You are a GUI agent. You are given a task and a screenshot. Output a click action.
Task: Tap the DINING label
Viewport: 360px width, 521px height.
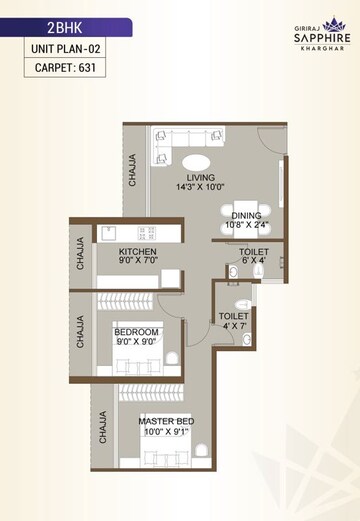[x=246, y=215]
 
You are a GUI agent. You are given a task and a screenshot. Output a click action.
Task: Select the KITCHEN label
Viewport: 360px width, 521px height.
[x=139, y=251]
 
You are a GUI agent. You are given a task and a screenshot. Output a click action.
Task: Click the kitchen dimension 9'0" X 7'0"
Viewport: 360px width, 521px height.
[x=139, y=261]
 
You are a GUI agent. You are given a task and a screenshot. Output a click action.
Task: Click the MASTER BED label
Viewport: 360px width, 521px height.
[x=166, y=421]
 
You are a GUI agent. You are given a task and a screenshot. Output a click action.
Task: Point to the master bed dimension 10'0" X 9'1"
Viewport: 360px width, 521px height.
[x=166, y=432]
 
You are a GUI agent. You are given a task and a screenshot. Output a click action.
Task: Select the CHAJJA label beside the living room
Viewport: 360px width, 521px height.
[x=133, y=169]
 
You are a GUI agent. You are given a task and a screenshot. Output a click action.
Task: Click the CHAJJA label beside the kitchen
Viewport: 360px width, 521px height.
[x=81, y=253]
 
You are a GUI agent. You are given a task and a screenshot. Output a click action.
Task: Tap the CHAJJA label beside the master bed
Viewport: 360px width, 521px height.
[x=102, y=427]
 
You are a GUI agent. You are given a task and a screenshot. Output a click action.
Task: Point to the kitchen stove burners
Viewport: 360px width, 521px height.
[x=147, y=232]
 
